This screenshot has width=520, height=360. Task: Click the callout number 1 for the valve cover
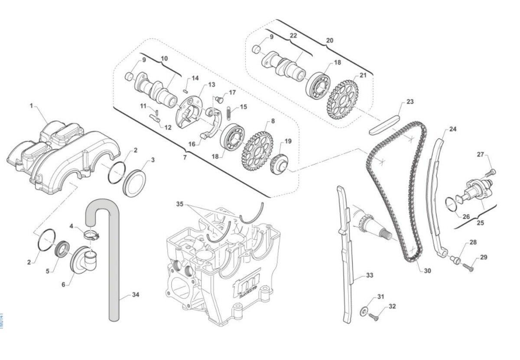coord(31,105)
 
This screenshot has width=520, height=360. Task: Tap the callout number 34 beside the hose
coord(135,295)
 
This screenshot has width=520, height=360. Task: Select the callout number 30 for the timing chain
coord(427,271)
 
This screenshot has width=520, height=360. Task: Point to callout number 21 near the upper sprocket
coord(363,75)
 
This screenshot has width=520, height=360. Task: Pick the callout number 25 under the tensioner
coord(480,223)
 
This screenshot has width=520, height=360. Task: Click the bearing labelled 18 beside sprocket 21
coord(318,85)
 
